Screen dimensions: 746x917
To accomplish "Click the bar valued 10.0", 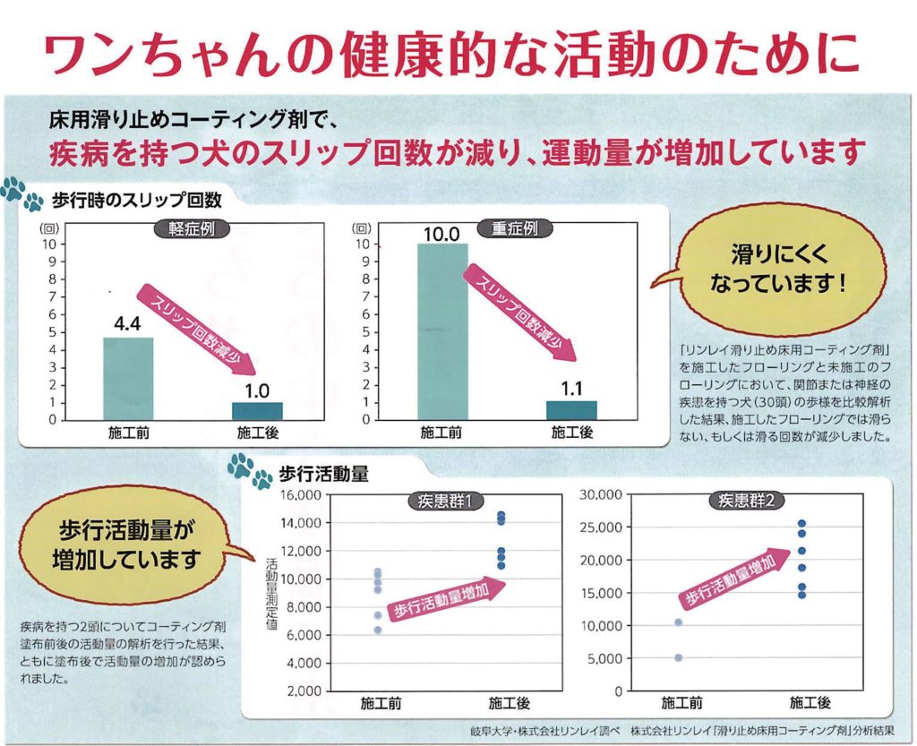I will [x=442, y=331].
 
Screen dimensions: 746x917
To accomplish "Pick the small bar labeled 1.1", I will [x=571, y=409].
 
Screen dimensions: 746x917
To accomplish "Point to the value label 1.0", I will [x=258, y=390].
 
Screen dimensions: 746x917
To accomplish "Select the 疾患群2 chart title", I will [x=747, y=501].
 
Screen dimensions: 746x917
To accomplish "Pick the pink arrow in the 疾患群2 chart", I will [x=730, y=582].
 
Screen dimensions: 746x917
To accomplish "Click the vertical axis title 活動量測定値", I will [x=272, y=596].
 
